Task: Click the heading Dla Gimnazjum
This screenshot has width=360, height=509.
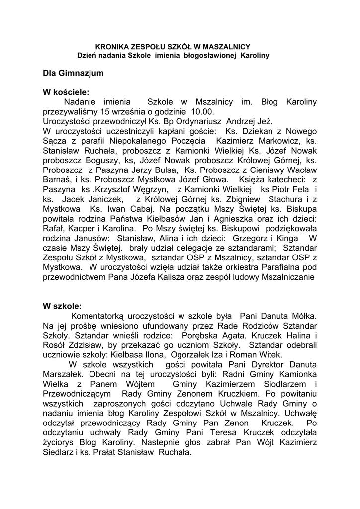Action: point(74,73)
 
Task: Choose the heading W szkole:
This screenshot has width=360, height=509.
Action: point(62,306)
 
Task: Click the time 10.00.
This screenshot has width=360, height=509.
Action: point(205,111)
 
